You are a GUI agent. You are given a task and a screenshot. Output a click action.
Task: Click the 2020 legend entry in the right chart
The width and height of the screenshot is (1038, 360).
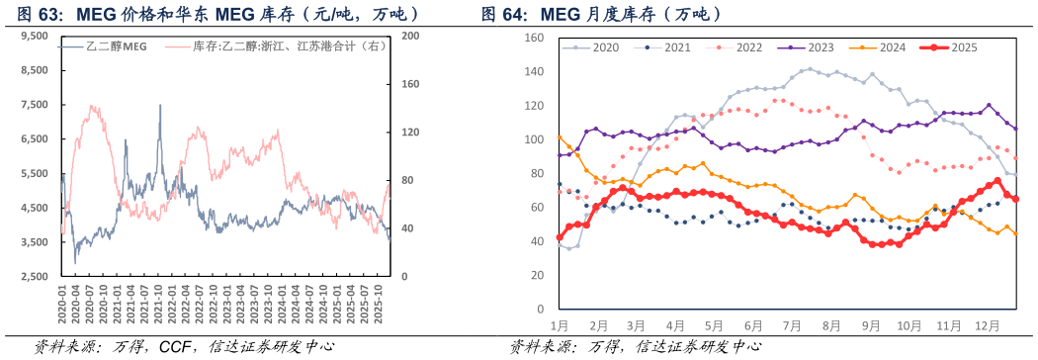pyautogui.click(x=599, y=47)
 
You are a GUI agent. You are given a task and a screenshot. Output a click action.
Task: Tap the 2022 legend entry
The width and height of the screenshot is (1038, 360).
pyautogui.click(x=742, y=47)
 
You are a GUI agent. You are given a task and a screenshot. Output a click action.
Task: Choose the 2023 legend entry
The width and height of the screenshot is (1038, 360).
pyautogui.click(x=814, y=47)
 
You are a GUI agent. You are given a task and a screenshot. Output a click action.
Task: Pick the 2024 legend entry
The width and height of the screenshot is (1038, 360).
pyautogui.click(x=885, y=47)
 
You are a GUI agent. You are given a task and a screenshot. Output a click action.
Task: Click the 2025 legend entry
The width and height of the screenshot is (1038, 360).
pyautogui.click(x=956, y=47)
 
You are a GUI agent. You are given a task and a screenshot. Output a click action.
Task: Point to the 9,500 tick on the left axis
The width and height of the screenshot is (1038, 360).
pyautogui.click(x=34, y=36)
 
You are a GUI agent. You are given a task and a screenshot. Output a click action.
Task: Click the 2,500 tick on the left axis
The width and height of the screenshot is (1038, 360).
pyautogui.click(x=34, y=277)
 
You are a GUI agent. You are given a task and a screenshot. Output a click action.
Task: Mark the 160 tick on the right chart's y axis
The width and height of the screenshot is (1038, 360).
pyautogui.click(x=533, y=38)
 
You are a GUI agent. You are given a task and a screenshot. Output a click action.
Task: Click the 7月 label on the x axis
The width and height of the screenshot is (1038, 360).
pyautogui.click(x=790, y=324)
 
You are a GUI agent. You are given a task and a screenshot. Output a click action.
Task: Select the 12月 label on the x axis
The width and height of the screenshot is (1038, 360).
pyautogui.click(x=986, y=324)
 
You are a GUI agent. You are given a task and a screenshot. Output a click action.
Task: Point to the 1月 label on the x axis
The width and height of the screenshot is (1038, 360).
pyautogui.click(x=559, y=324)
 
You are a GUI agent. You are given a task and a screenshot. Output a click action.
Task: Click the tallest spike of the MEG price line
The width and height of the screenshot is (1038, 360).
pyautogui.click(x=160, y=107)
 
